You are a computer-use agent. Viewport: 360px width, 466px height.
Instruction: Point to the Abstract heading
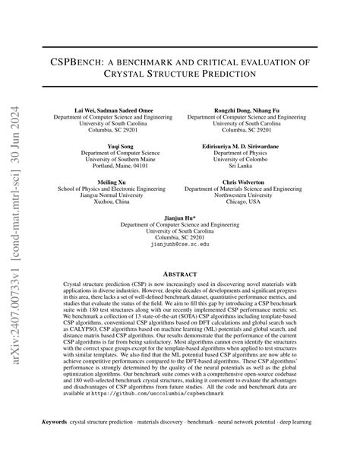[x=180, y=273]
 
